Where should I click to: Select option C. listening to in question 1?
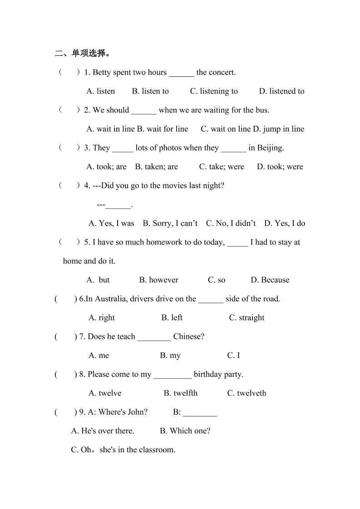[x=213, y=91]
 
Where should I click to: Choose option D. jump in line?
[x=278, y=129]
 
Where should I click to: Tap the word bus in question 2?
[x=261, y=110]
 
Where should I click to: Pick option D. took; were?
[x=280, y=166]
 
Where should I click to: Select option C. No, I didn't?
[x=231, y=223]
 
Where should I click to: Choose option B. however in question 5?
[x=158, y=280]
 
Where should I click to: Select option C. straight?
[x=247, y=318]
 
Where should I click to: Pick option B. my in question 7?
[x=170, y=356]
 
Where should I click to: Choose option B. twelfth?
[x=181, y=393]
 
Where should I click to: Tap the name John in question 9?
[x=136, y=412]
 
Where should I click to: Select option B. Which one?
[x=185, y=431]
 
